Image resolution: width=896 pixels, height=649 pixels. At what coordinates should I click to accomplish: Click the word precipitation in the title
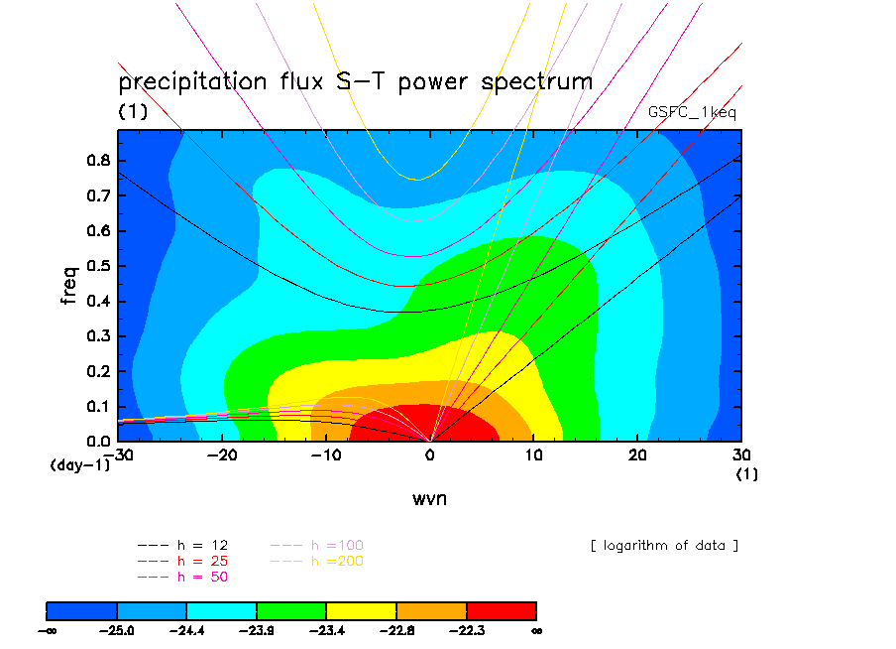[x=192, y=81]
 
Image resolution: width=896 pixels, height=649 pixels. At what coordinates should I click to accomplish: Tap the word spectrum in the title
[x=536, y=81]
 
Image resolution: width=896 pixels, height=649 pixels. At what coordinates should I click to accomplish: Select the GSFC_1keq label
[x=692, y=112]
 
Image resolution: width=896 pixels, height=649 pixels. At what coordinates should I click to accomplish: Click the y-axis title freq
[x=68, y=285]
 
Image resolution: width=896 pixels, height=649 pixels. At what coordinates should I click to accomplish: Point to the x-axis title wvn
[x=430, y=498]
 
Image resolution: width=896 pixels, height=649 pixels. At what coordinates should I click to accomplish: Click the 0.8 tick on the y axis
[x=98, y=160]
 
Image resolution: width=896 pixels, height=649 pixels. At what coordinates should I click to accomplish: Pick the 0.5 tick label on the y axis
[x=98, y=266]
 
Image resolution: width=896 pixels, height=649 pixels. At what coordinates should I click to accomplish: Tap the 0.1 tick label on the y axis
[x=98, y=407]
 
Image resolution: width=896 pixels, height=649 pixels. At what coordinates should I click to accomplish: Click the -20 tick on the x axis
[x=222, y=454]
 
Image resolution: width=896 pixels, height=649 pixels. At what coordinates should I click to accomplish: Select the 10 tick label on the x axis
[x=533, y=454]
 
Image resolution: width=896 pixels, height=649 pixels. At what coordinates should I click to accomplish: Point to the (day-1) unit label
[x=80, y=464]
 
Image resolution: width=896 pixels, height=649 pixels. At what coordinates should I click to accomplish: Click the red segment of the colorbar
[x=502, y=611]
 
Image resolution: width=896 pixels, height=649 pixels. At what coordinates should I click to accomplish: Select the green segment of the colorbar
[x=291, y=611]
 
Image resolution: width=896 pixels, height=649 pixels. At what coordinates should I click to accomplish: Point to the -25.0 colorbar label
[x=117, y=631]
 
